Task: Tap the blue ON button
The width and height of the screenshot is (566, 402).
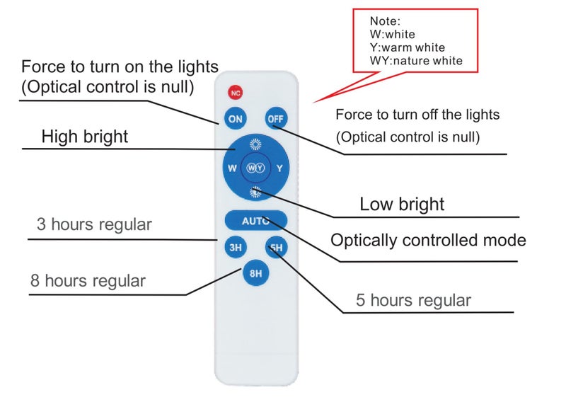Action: (x=235, y=119)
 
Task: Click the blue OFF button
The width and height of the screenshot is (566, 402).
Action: (x=275, y=119)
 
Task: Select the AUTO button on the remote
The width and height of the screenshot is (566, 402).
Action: (x=255, y=221)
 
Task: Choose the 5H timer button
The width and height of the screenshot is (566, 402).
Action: (x=275, y=248)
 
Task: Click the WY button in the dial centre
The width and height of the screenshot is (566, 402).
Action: (x=255, y=168)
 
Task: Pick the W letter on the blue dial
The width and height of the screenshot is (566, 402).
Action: (x=231, y=168)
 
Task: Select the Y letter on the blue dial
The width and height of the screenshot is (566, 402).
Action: (x=279, y=168)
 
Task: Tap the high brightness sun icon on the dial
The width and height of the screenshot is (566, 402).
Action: (x=255, y=145)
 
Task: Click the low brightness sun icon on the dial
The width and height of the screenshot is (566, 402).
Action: (x=255, y=192)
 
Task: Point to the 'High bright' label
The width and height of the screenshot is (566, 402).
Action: (x=85, y=137)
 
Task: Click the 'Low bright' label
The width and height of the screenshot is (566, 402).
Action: (x=402, y=205)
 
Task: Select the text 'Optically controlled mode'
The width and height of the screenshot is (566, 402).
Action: (x=428, y=240)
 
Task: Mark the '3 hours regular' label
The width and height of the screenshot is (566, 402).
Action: (x=94, y=224)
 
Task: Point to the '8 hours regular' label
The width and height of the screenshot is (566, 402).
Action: (x=88, y=280)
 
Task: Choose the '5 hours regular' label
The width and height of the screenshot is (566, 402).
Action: (x=413, y=300)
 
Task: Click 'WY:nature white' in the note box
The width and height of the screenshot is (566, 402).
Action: (x=416, y=61)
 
